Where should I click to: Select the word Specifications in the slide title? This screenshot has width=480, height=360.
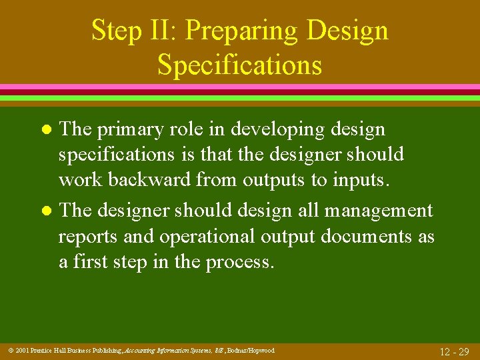tap(239, 65)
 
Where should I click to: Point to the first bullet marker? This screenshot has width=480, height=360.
tap(45, 128)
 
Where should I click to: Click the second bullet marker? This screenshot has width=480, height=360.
tap(45, 211)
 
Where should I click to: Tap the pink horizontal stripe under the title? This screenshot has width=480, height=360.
tap(240, 87)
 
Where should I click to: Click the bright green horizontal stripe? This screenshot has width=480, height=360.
tap(240, 98)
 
